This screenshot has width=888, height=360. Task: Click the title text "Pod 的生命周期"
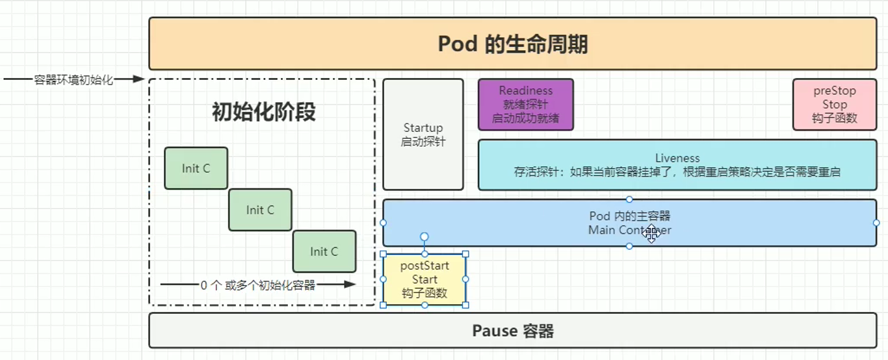tap(512, 44)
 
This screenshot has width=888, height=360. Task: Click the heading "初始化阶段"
tap(264, 112)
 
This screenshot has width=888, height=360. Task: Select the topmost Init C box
tap(196, 168)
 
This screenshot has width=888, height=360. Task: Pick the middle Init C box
tap(260, 210)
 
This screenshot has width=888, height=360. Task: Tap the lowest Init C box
tap(324, 251)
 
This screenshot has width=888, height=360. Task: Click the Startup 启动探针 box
tap(423, 135)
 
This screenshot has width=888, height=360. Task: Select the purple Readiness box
tap(525, 105)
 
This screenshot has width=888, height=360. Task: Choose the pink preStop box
tap(834, 105)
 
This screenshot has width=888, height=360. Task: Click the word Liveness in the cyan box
tap(677, 158)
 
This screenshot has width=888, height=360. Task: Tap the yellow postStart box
tap(424, 279)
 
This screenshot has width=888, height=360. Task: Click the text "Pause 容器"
tap(512, 331)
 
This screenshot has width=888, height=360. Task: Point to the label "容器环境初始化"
tap(73, 80)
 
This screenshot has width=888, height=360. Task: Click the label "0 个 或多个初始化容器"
tap(257, 285)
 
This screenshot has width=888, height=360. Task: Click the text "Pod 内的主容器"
tap(629, 216)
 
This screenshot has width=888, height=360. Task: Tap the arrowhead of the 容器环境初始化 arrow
tap(138, 79)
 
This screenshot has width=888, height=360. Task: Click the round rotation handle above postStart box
tap(424, 237)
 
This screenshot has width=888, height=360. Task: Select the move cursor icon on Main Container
tap(651, 235)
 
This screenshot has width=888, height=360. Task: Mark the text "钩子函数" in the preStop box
tap(834, 118)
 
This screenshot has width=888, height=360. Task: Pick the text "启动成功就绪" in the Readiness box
tap(525, 118)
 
